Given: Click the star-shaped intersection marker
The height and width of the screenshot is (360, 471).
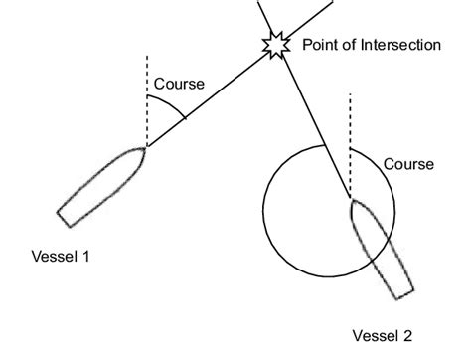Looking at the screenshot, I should click(x=274, y=44).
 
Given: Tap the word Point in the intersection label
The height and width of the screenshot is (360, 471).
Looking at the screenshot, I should click(x=318, y=45).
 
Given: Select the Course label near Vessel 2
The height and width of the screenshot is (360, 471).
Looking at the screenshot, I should click(x=408, y=163).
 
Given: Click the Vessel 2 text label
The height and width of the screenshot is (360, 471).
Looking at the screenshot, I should click(x=383, y=335).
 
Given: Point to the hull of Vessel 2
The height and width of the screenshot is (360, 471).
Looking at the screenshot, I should click(x=381, y=250).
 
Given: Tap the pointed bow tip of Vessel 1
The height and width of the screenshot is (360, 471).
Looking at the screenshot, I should click(x=146, y=148).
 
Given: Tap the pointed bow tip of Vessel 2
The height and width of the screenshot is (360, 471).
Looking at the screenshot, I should click(x=352, y=201).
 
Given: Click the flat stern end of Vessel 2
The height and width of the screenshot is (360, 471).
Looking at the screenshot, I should click(x=403, y=296).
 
